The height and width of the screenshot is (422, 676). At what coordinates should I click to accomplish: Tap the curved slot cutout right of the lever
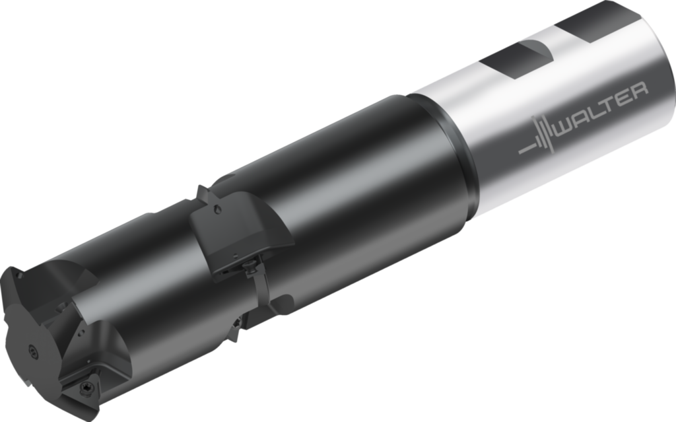tap(281, 304)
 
